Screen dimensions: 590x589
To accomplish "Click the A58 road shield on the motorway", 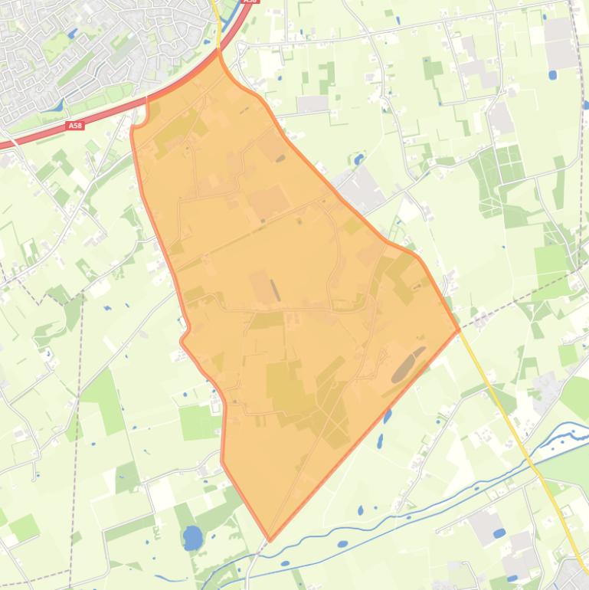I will click(75, 126).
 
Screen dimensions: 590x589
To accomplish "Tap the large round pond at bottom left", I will click(192, 537).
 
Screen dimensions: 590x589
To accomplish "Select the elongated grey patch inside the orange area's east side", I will click(408, 364).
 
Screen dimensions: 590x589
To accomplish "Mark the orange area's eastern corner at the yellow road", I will click(459, 330).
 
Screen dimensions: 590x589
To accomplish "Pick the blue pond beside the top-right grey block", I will click(552, 75).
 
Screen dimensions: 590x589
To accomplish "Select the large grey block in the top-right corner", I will click(561, 42).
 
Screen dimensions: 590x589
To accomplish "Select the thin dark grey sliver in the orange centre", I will click(275, 290).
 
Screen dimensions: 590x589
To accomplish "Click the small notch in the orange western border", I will click(184, 338).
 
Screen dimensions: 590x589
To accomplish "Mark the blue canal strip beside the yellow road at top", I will click(229, 23).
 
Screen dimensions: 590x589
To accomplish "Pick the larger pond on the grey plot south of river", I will click(499, 533).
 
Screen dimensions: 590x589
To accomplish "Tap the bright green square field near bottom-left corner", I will click(23, 527).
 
